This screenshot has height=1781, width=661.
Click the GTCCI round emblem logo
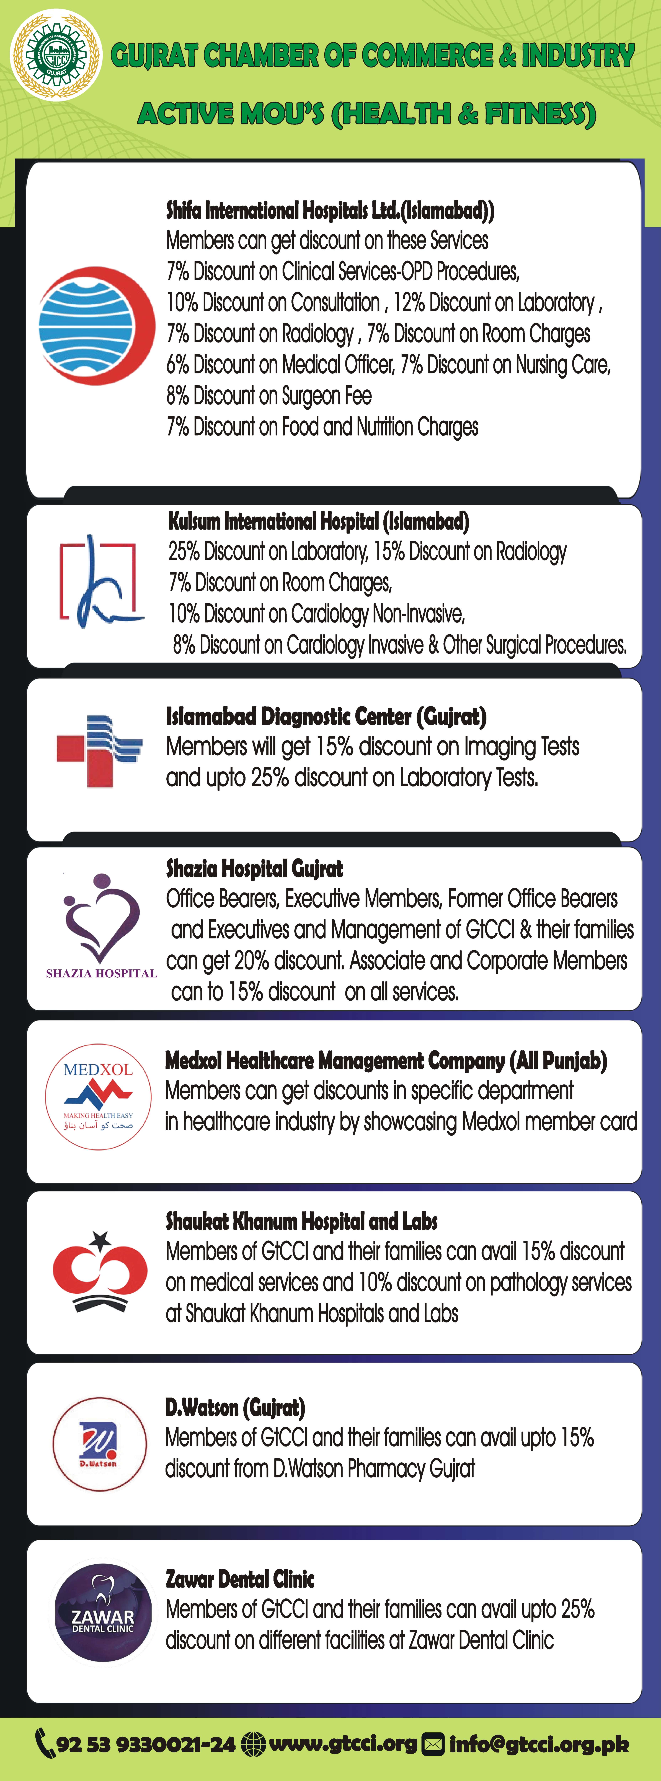[56, 55]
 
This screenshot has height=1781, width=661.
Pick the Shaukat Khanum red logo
[100, 1271]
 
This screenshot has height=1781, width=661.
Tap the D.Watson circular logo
[100, 1444]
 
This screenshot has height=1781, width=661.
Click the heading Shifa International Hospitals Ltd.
[330, 210]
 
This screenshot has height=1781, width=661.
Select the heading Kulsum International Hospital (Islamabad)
[319, 521]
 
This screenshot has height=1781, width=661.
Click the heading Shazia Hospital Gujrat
[254, 868]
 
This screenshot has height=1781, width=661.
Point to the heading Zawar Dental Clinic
[240, 1579]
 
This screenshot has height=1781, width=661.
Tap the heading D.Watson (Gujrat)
[235, 1407]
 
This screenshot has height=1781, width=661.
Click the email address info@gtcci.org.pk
[539, 1744]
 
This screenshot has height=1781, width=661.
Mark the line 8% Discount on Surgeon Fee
[269, 395]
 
